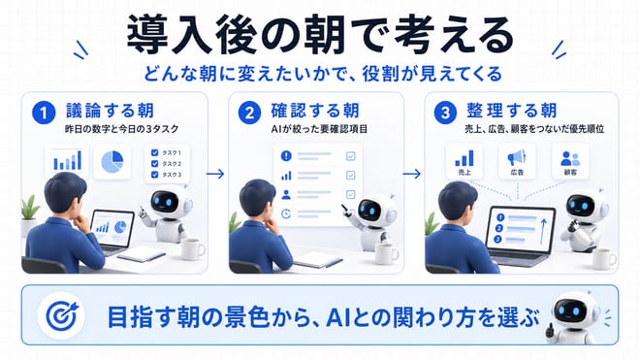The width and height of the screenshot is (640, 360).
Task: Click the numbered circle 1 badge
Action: [44, 113]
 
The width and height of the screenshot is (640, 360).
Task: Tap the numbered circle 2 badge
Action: [249, 113]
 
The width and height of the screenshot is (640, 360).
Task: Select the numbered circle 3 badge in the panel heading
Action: [445, 113]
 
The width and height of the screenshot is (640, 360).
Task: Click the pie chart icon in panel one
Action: [112, 162]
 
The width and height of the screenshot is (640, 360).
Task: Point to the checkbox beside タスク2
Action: [155, 163]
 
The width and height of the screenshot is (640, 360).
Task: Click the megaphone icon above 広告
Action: [517, 158]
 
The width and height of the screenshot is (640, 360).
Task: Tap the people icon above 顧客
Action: [570, 158]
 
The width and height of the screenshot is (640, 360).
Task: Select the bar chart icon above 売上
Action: [464, 158]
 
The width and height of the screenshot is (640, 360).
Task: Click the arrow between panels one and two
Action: [215, 174]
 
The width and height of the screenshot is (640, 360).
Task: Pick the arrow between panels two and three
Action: [411, 174]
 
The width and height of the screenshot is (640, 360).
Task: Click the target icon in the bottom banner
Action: [62, 315]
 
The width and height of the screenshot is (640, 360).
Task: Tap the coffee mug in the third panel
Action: [604, 259]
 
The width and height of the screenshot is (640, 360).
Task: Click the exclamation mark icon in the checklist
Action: [286, 155]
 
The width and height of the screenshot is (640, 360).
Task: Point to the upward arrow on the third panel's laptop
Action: [543, 231]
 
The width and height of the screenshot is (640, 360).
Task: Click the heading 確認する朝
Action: [315, 111]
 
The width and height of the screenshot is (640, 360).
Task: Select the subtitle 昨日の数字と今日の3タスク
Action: [122, 129]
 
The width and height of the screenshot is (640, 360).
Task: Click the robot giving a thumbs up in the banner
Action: [573, 317]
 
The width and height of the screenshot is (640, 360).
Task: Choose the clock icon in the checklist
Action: [286, 213]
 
